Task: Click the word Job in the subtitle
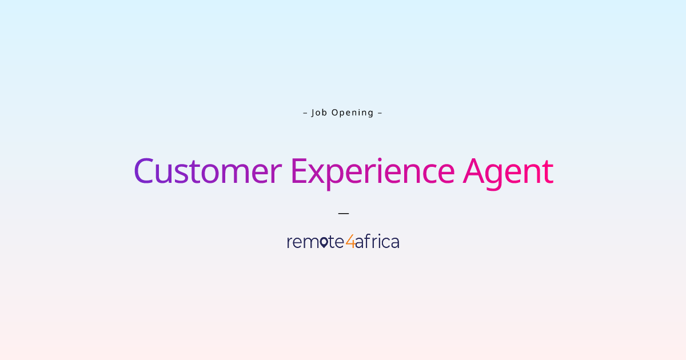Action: pyautogui.click(x=320, y=113)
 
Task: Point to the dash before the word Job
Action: pyautogui.click(x=305, y=113)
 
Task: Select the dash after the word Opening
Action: pyautogui.click(x=380, y=113)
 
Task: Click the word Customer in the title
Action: pyautogui.click(x=208, y=171)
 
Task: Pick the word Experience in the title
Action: pyautogui.click(x=372, y=171)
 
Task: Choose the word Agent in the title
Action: pyautogui.click(x=508, y=171)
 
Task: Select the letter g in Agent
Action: pyautogui.click(x=496, y=175)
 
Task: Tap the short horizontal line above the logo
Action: pyautogui.click(x=343, y=213)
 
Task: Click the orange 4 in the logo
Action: pyautogui.click(x=350, y=242)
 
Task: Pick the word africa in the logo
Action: pyautogui.click(x=377, y=242)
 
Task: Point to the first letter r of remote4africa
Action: pyautogui.click(x=289, y=243)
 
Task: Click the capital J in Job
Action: pyautogui.click(x=313, y=113)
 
